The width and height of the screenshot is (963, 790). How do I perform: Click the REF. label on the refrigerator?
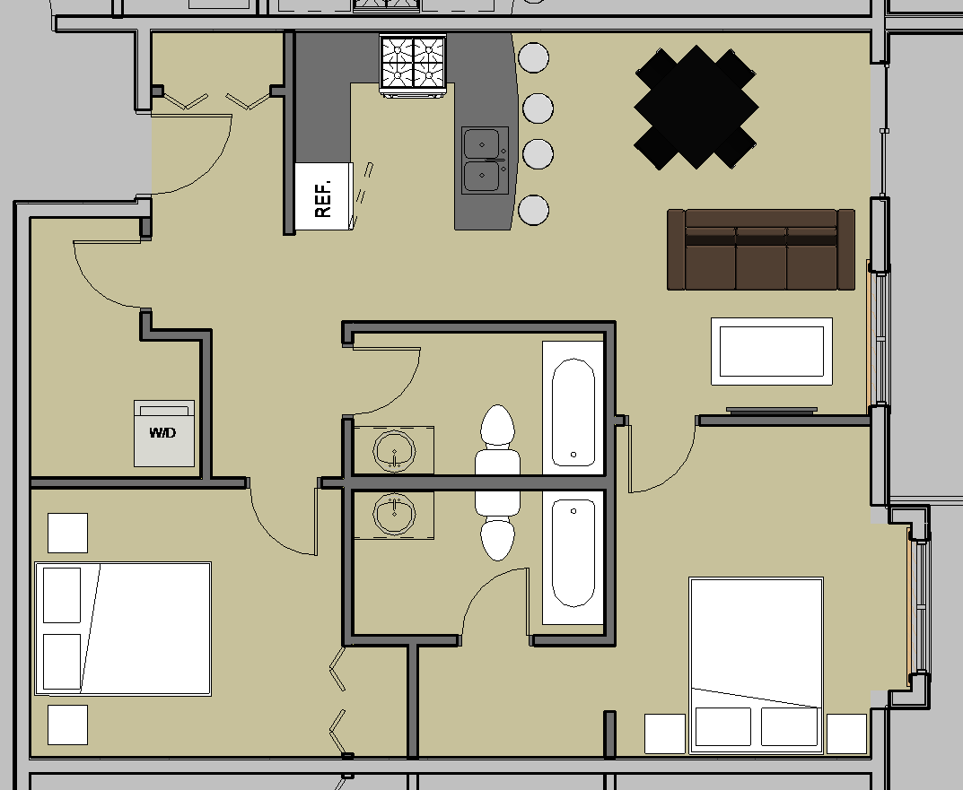(x=323, y=198)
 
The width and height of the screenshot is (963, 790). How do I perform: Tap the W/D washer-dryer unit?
(x=164, y=433)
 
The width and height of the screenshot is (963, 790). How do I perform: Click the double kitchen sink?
(x=486, y=161)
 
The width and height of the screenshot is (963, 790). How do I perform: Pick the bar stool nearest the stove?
(x=534, y=57)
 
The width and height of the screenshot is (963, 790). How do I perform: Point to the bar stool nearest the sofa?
(x=534, y=210)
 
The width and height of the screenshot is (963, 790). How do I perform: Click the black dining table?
(x=696, y=107)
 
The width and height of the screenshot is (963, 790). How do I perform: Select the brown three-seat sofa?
(x=761, y=249)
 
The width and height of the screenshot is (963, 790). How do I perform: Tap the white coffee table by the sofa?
(x=771, y=352)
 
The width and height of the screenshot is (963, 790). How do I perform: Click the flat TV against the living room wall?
(x=771, y=410)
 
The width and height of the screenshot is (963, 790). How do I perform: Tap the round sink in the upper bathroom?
(x=394, y=451)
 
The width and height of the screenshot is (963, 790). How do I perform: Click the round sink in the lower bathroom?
(x=394, y=514)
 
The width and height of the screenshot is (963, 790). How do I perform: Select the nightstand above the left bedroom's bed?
(x=67, y=533)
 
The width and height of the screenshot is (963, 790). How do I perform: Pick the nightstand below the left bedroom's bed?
(x=67, y=725)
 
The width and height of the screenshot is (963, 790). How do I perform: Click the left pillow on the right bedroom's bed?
(x=722, y=726)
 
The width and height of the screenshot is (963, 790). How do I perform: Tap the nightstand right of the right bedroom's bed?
(x=847, y=734)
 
